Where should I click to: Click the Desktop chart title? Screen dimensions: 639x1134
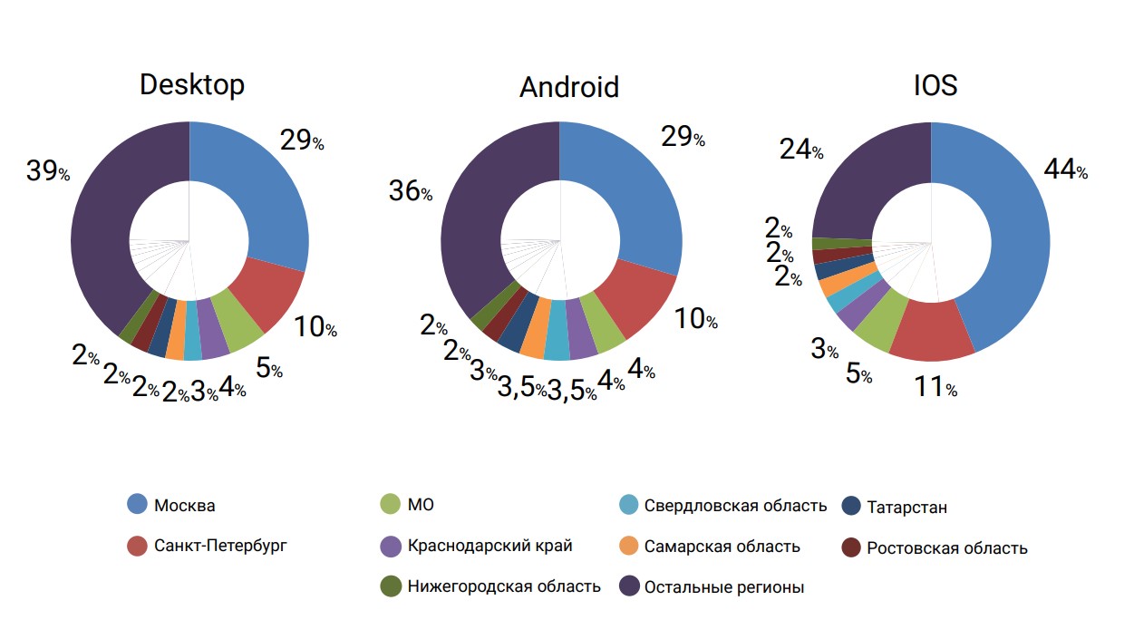pyautogui.click(x=192, y=84)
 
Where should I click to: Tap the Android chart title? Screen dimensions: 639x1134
pyautogui.click(x=568, y=87)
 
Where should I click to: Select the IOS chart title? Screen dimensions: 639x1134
pyautogui.click(x=935, y=84)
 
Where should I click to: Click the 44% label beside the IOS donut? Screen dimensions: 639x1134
pyautogui.click(x=1065, y=169)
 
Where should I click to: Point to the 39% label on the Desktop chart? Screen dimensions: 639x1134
pyautogui.click(x=47, y=171)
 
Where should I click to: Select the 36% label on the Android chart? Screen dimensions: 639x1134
pyautogui.click(x=410, y=191)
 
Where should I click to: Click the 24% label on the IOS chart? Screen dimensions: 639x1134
pyautogui.click(x=801, y=150)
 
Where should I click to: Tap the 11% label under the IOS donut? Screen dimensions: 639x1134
pyautogui.click(x=935, y=387)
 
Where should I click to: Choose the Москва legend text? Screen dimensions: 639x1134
pyautogui.click(x=185, y=506)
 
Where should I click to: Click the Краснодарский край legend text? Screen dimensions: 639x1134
pyautogui.click(x=490, y=546)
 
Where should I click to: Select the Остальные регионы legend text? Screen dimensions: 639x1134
pyautogui.click(x=724, y=587)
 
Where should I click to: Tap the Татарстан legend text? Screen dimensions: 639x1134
pyautogui.click(x=906, y=508)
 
